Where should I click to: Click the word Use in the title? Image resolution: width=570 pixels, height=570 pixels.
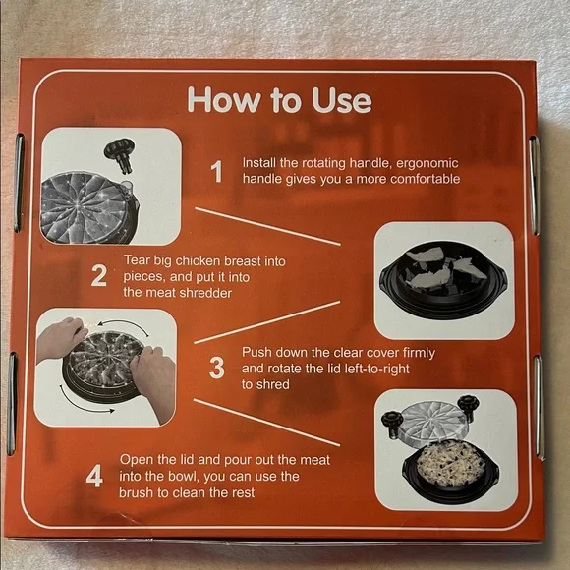[342, 100]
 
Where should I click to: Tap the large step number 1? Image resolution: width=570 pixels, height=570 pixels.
[216, 172]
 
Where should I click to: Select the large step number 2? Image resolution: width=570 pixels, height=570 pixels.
[99, 276]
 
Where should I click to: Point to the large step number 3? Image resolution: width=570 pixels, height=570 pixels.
[217, 368]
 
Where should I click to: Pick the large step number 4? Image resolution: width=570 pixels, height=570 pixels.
[94, 477]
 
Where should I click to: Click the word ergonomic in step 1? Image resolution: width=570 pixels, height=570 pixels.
[427, 163]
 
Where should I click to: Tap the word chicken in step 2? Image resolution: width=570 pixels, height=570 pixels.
[199, 261]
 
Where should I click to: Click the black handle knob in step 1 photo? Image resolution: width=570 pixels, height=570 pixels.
[120, 153]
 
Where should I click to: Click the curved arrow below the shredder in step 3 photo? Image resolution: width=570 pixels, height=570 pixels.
[83, 404]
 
